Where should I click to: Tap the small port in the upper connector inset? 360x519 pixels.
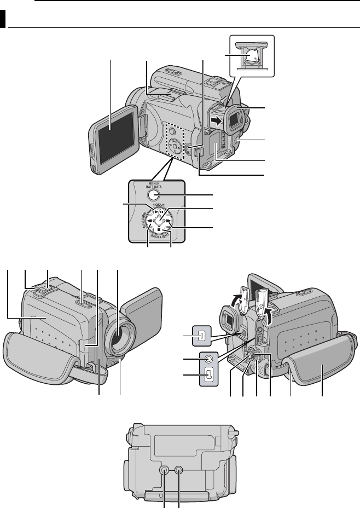click(x=201, y=336)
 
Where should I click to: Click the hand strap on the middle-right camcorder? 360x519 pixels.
click(x=323, y=372)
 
